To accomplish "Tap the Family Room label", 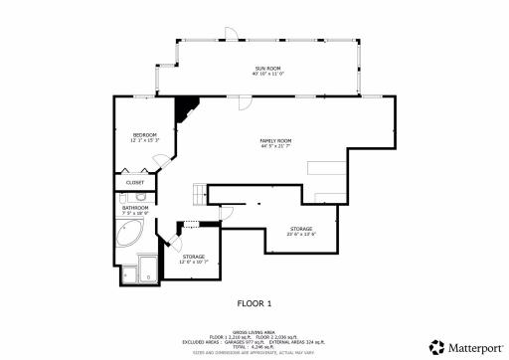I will coord(275,141).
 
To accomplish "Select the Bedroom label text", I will coord(145,133).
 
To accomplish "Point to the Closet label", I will coord(134,183).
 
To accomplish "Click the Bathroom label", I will coord(135,207).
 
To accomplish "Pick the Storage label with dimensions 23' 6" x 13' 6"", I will coord(300,228).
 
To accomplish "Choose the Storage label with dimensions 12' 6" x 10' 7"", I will coord(194,257).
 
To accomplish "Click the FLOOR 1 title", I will coord(254,302).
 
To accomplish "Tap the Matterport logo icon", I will coord(434,346).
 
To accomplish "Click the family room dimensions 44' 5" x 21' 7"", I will coord(275,147).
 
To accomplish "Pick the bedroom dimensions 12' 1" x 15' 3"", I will coord(145,139).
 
